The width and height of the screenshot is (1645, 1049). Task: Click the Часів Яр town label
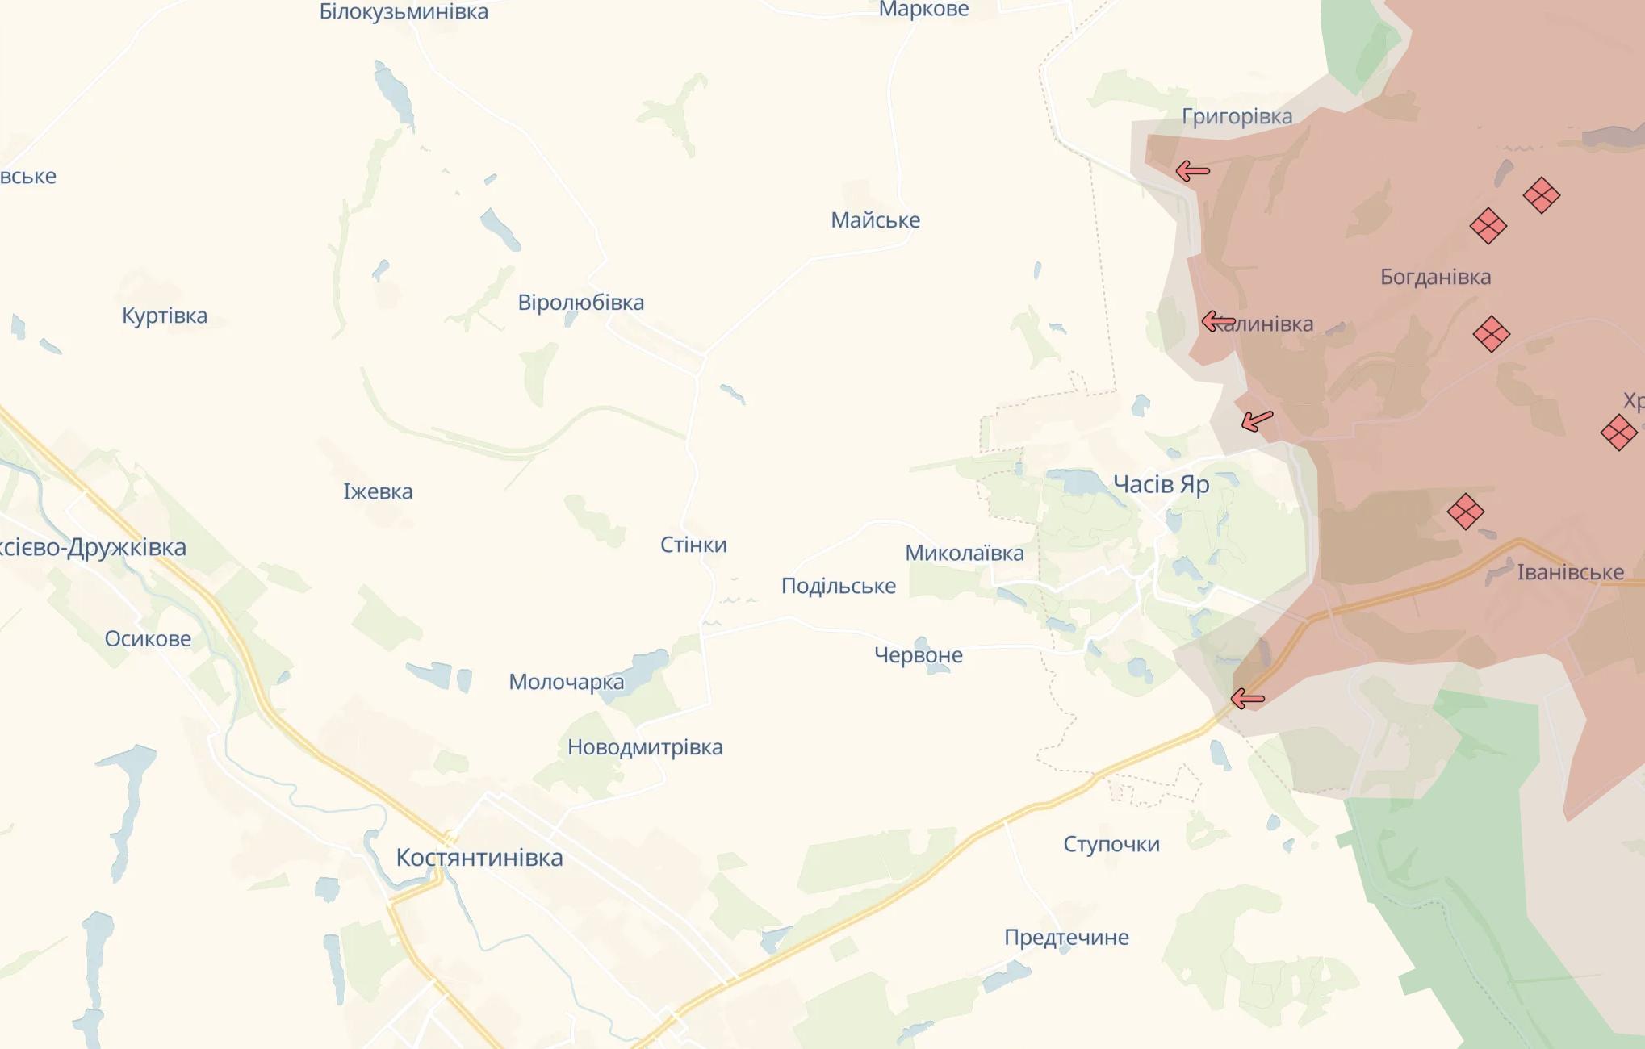point(1161,484)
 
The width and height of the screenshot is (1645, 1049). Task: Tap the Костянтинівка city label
point(479,857)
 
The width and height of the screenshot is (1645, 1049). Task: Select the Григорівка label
point(1237,116)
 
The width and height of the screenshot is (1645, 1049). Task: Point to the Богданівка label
point(1435,277)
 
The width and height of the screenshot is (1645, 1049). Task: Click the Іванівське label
point(1570,572)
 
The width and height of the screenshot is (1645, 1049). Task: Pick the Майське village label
point(875,219)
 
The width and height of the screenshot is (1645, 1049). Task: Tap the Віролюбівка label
point(580,303)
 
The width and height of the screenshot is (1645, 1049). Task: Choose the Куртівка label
point(165,316)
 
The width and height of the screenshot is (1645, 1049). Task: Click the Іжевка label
point(378,491)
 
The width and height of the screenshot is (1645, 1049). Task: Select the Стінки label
point(693,545)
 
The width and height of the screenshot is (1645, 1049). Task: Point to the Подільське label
point(838,586)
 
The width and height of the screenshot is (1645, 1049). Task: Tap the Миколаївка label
point(964,553)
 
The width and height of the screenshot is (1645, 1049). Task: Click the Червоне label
point(918,654)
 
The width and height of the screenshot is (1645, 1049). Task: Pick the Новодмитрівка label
point(645,747)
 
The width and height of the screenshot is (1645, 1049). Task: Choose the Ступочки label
point(1111,844)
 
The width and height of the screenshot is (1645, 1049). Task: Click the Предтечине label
point(1066,937)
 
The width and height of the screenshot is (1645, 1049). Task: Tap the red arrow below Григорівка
point(1192,171)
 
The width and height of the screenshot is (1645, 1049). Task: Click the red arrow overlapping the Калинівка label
point(1218,322)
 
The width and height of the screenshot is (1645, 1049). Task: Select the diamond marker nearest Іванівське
point(1465,512)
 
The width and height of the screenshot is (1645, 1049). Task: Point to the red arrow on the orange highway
point(1247,699)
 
